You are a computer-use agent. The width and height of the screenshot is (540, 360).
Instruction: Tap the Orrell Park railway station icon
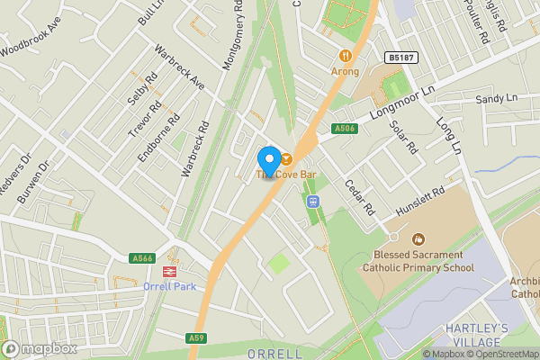pos(168,272)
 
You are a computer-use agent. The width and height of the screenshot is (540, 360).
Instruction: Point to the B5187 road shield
pos(402,58)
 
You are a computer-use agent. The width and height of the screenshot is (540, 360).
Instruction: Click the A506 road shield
pos(345,129)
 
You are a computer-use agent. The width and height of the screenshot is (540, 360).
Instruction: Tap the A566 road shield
pos(142,258)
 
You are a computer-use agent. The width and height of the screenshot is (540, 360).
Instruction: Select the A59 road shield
pos(198,338)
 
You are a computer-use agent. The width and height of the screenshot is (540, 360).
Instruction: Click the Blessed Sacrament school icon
pos(418,239)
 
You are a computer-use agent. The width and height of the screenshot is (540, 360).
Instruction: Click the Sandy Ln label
pos(497,98)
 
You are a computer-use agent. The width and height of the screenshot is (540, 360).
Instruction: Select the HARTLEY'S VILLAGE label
pos(477,336)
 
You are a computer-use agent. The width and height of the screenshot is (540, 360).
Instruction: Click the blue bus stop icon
pos(313,202)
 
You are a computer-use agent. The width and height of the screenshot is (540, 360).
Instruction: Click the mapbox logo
pos(40,348)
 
